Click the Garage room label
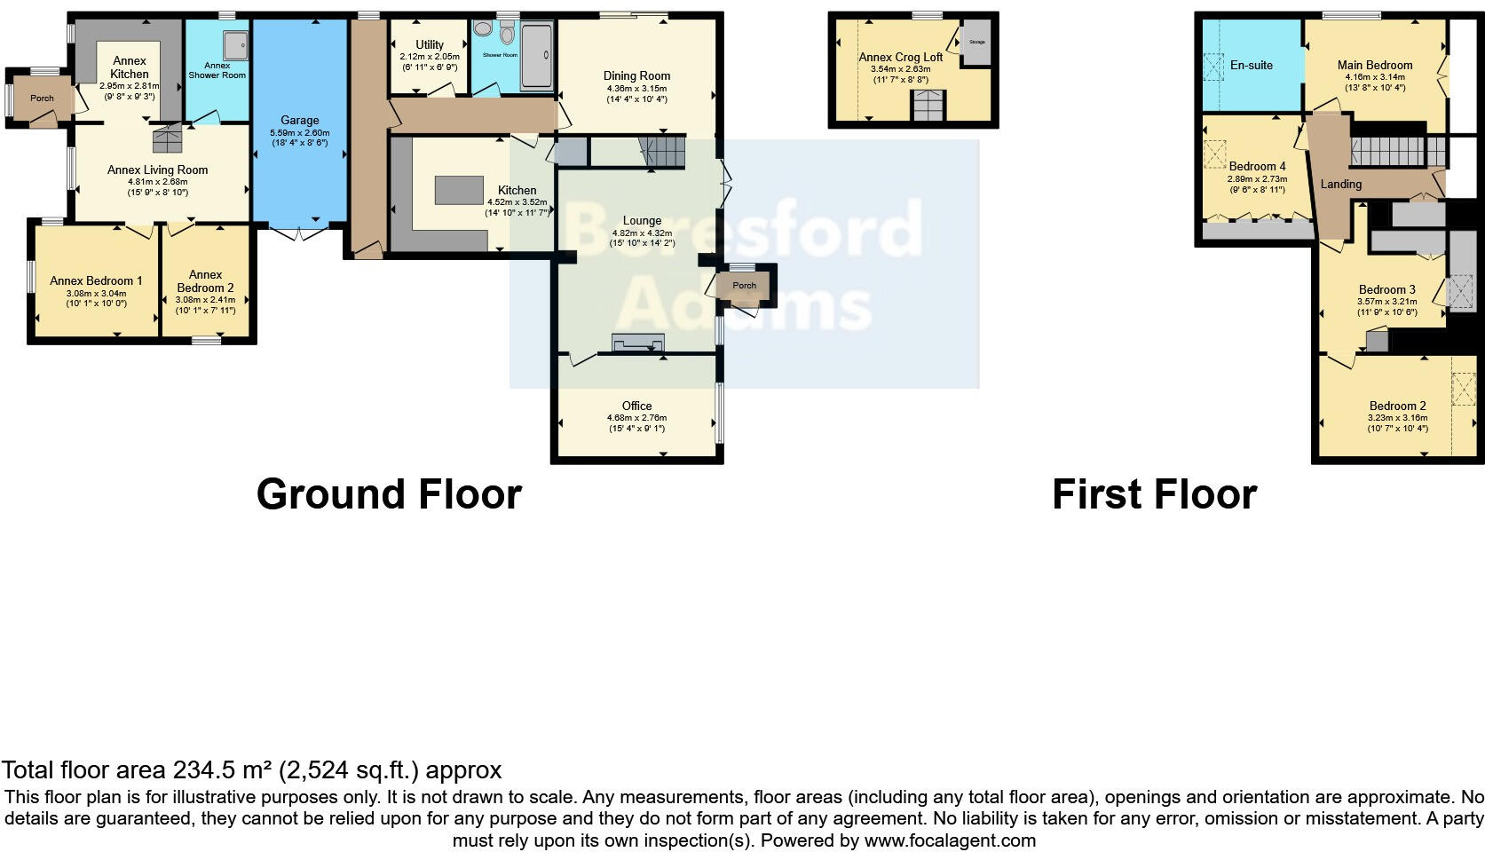[299, 120]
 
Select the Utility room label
[430, 44]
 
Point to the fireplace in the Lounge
[637, 342]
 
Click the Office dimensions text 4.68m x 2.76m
[636, 418]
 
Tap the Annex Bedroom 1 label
[96, 280]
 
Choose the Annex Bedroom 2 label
[205, 281]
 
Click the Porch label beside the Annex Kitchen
[42, 99]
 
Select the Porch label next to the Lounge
[744, 286]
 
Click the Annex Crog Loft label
[900, 57]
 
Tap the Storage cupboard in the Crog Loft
[976, 42]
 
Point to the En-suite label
[1251, 65]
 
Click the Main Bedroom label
[1375, 65]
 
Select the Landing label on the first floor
[1340, 185]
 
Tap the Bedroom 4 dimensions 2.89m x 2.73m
[1257, 178]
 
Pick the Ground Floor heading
[389, 494]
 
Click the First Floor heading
[1154, 494]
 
